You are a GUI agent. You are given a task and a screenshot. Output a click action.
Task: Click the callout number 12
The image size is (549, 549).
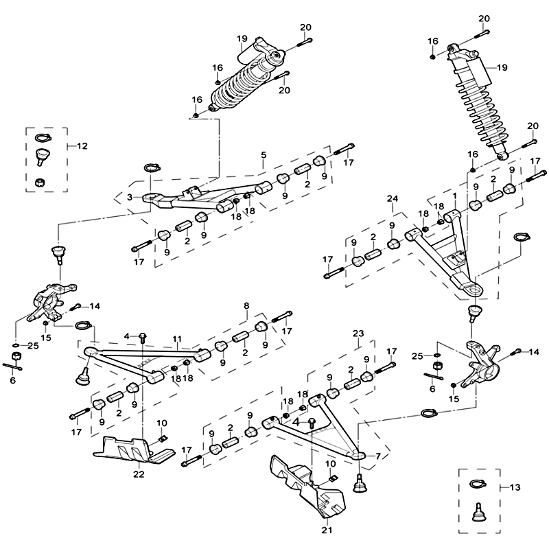click(82, 145)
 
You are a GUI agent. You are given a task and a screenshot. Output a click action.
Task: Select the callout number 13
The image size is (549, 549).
click(516, 487)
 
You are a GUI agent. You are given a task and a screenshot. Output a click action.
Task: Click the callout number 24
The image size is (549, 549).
click(392, 199)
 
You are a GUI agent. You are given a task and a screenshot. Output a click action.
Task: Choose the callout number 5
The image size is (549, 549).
click(264, 156)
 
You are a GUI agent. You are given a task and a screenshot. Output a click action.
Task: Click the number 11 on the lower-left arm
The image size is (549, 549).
click(177, 340)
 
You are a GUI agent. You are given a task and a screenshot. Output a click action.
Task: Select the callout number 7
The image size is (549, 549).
click(378, 456)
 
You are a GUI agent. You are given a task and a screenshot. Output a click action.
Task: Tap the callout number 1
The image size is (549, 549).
click(454, 196)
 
